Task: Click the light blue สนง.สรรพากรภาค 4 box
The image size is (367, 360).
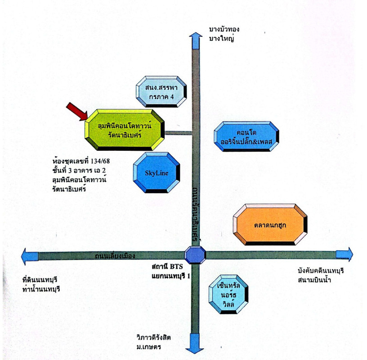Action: (161, 93)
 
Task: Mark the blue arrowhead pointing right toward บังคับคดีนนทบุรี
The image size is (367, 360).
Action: (345, 254)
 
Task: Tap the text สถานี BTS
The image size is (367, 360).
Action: (168, 266)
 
